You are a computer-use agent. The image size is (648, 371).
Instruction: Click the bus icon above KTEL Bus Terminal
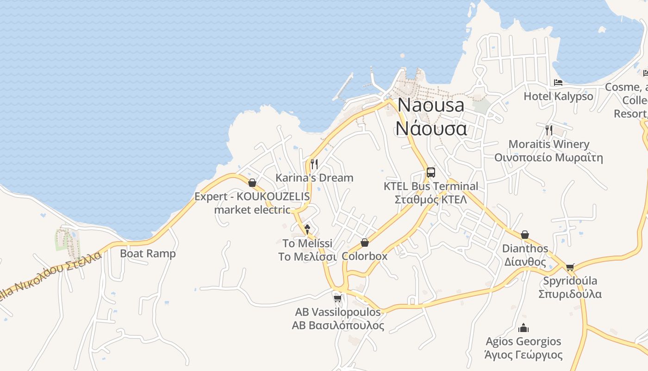(x=431, y=173)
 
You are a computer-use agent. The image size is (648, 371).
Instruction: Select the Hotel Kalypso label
(x=558, y=96)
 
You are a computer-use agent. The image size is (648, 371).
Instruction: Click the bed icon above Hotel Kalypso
(x=558, y=83)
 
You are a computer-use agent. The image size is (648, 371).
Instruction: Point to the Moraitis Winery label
(x=549, y=144)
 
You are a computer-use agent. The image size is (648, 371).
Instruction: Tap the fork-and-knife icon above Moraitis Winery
(x=549, y=130)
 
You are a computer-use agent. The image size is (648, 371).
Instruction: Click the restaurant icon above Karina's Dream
(x=314, y=164)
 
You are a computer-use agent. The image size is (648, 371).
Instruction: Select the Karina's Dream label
(x=314, y=178)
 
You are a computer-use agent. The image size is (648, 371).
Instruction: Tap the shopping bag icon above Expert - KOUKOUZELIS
(x=252, y=183)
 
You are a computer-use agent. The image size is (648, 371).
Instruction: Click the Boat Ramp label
(x=148, y=254)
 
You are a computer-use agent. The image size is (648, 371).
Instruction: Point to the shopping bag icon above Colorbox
(x=365, y=243)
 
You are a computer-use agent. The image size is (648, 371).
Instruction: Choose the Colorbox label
(x=365, y=256)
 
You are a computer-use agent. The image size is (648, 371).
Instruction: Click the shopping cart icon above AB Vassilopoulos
(x=338, y=298)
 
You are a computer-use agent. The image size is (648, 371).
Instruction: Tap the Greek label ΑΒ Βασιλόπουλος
(x=338, y=326)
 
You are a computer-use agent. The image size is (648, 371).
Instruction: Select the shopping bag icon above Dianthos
(x=525, y=235)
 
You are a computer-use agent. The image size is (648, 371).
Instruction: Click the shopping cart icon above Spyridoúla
(x=570, y=267)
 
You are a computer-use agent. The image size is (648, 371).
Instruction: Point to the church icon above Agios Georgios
(x=523, y=328)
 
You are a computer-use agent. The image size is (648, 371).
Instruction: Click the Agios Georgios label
(x=523, y=342)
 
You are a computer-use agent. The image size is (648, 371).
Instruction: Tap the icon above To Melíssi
(x=307, y=229)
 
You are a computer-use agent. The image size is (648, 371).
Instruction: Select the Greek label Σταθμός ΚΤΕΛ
(x=431, y=200)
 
